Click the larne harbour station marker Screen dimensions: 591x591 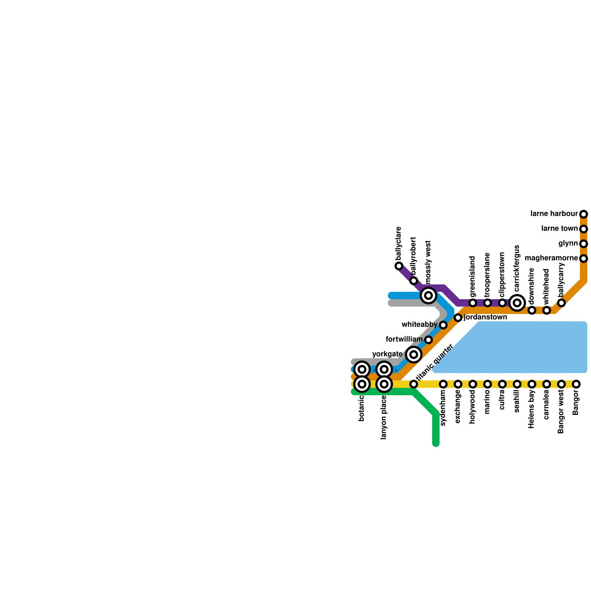click(583, 214)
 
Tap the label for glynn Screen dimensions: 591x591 click(568, 243)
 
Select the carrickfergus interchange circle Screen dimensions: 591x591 click(517, 303)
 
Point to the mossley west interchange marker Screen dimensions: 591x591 click(428, 295)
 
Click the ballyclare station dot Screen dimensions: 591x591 click(399, 266)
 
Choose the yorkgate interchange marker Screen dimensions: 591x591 click(414, 355)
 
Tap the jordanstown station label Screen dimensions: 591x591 click(485, 317)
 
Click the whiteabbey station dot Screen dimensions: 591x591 click(443, 325)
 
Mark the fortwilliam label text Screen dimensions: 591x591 click(404, 339)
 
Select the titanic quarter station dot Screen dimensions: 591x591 click(414, 384)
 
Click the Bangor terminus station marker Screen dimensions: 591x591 click(576, 384)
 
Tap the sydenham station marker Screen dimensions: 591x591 click(443, 384)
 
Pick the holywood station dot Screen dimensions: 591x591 click(473, 384)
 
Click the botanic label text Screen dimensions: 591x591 click(362, 408)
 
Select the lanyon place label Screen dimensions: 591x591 click(384, 417)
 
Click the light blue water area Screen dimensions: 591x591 click(525, 347)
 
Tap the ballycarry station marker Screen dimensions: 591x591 click(561, 303)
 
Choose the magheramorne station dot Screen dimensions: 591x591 click(583, 258)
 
